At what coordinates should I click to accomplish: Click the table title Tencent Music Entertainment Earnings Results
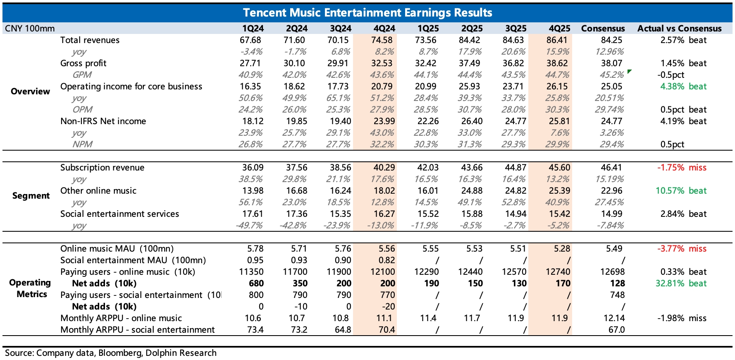point(367,12)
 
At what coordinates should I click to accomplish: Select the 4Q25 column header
point(559,29)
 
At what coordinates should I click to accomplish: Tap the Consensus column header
point(603,29)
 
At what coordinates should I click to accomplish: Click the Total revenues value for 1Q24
point(251,40)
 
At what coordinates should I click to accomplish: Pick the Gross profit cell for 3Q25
point(515,63)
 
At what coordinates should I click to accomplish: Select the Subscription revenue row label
point(102,168)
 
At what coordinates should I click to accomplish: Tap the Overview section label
point(30,91)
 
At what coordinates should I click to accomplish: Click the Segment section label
point(31,196)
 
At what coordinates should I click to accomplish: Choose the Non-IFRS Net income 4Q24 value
point(384,121)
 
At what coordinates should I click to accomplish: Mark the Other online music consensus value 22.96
point(613,191)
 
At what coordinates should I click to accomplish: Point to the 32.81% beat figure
point(681,283)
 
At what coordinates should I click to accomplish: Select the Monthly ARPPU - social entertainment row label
point(137,330)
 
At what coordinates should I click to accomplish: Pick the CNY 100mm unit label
point(29,29)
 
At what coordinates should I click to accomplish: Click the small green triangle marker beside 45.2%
point(629,72)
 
